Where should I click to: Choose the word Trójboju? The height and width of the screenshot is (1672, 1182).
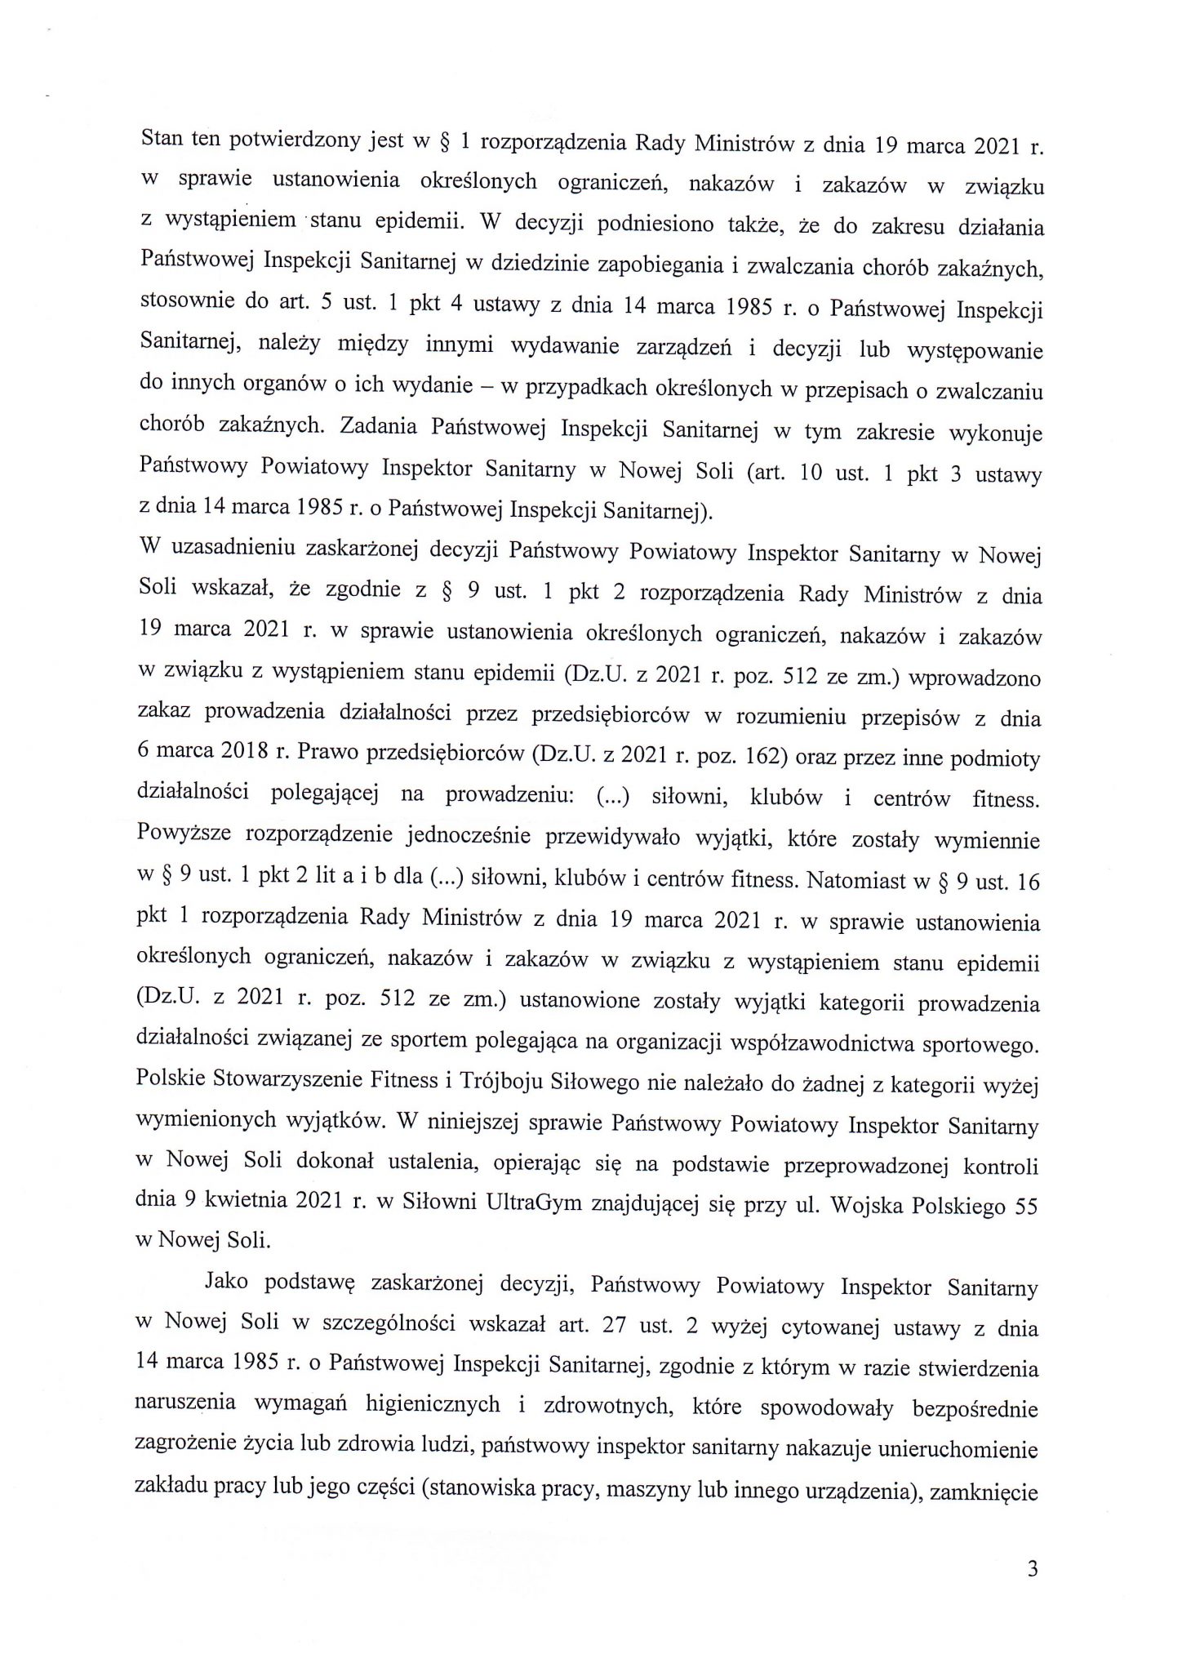[x=480, y=1084]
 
